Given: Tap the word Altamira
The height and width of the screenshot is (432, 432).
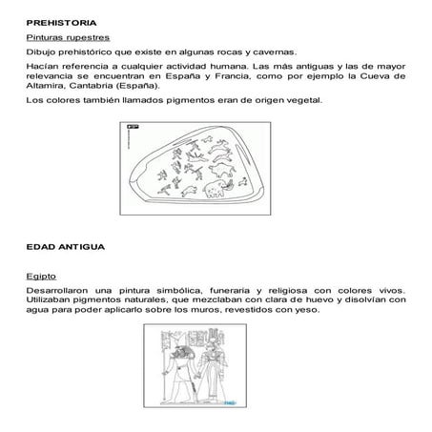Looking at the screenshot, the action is coord(46,83).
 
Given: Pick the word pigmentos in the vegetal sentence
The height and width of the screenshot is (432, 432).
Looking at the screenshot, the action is coord(192,98).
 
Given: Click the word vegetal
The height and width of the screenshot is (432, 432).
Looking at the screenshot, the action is coord(305,98).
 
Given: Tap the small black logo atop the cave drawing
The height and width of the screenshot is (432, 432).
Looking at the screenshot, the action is coord(134,125).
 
